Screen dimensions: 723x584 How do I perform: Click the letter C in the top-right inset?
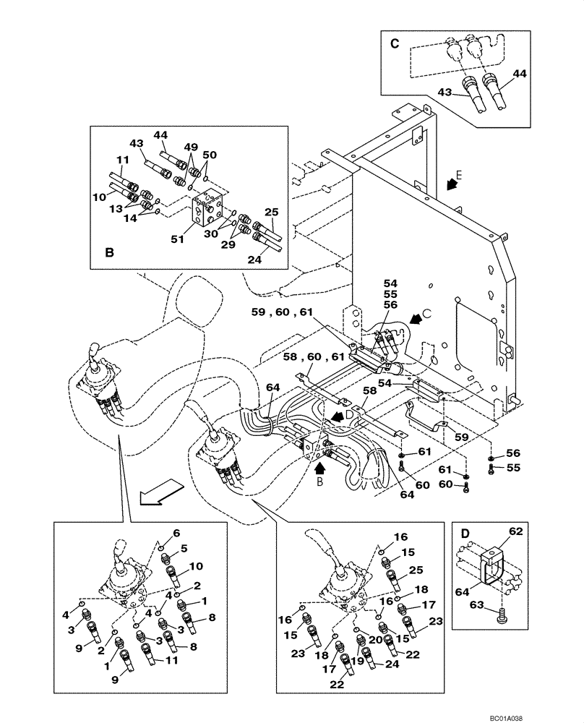point(395,43)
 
